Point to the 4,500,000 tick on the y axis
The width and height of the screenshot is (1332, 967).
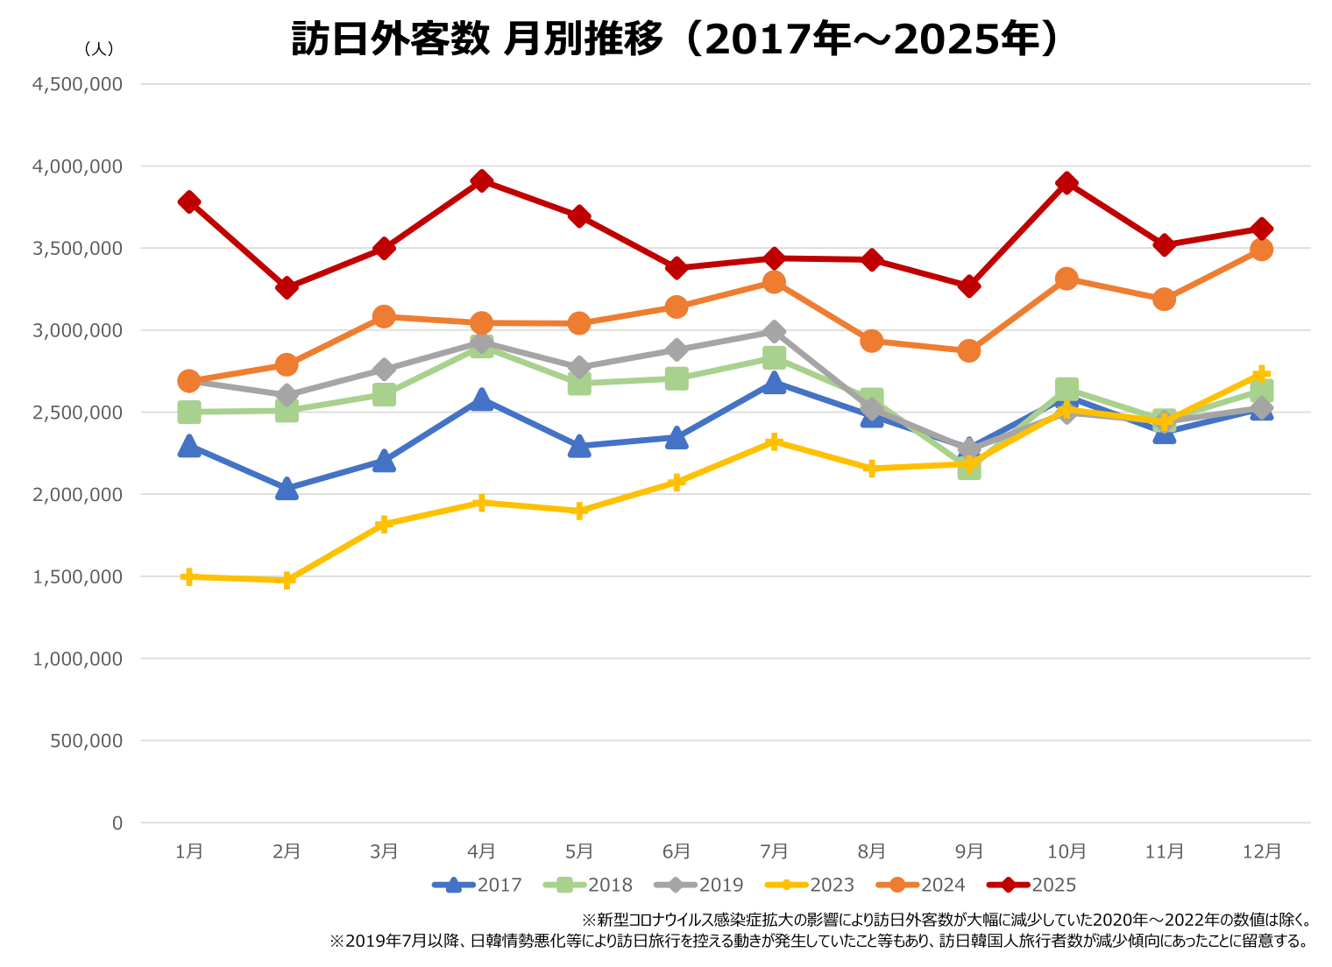77,84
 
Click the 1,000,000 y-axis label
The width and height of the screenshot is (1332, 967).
77,659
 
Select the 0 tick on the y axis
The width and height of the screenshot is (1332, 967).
117,822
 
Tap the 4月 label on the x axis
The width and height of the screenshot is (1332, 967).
482,851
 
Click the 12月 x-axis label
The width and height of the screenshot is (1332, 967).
1262,851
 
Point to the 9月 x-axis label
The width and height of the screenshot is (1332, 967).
969,851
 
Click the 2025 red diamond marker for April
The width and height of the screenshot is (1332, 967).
481,181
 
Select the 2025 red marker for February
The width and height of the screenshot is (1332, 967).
287,287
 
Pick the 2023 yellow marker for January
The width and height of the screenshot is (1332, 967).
188,576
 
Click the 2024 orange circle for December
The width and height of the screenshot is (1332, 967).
1261,250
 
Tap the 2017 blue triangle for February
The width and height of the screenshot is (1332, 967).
287,489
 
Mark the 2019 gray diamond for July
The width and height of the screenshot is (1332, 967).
774,332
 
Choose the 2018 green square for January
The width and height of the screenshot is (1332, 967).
188,412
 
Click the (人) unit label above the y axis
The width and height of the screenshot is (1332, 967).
99,49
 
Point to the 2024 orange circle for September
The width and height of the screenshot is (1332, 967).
968,350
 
